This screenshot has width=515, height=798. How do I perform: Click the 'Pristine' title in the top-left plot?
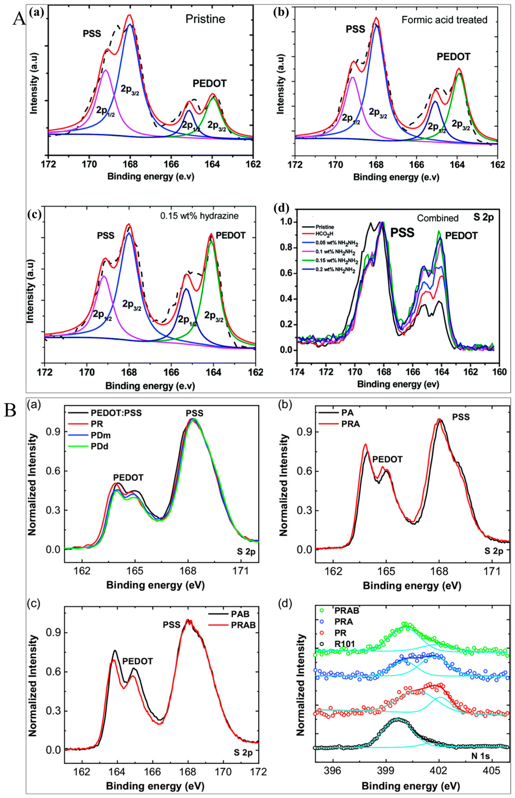click(x=205, y=19)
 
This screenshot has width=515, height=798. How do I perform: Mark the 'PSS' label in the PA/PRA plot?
click(x=461, y=417)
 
